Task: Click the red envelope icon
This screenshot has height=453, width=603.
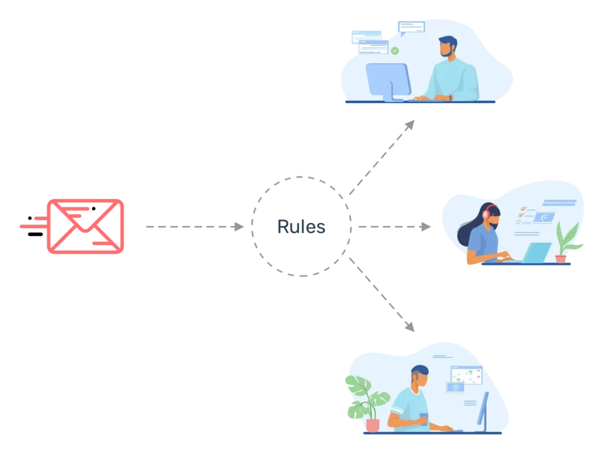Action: click(86, 226)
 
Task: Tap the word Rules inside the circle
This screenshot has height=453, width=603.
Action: click(302, 226)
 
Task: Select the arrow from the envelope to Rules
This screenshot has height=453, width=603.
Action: click(195, 226)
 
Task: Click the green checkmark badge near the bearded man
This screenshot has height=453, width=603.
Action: click(395, 51)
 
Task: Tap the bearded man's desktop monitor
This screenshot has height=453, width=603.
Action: click(387, 80)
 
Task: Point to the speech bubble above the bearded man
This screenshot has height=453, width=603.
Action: click(411, 27)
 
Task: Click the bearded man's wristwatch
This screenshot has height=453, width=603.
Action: click(450, 97)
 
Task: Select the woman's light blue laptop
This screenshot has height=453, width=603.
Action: click(536, 253)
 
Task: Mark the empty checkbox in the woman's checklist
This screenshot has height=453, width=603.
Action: click(518, 222)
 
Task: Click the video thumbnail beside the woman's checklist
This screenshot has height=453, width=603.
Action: click(544, 217)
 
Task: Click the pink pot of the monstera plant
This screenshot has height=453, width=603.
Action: click(372, 425)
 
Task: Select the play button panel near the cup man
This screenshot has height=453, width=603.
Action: click(455, 388)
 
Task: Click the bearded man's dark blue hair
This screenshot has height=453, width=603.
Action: click(447, 42)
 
